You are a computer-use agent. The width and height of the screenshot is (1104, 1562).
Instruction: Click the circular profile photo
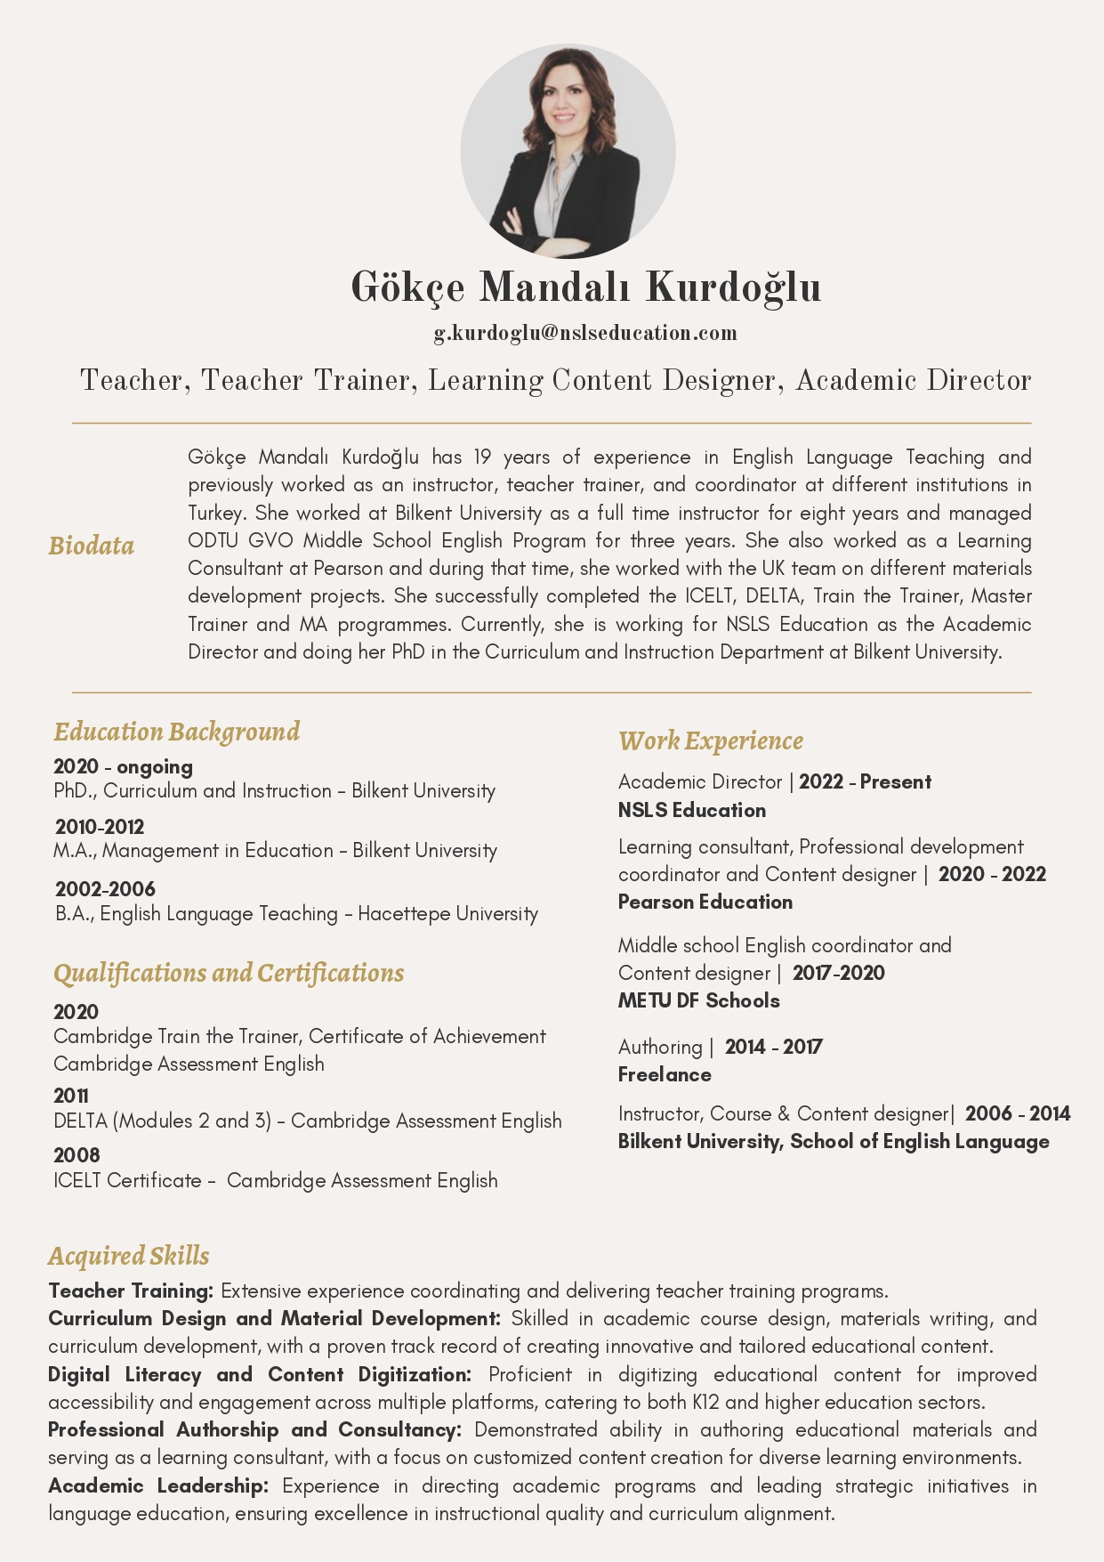(x=568, y=151)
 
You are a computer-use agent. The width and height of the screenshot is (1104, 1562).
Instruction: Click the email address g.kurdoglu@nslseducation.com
(x=585, y=333)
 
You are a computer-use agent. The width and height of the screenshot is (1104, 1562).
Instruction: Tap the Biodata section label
(x=92, y=546)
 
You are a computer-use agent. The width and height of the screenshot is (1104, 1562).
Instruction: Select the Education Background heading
(x=177, y=732)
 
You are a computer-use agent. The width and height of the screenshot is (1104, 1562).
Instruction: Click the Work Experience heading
(x=711, y=741)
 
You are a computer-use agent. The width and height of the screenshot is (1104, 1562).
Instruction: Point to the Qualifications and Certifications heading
(x=229, y=973)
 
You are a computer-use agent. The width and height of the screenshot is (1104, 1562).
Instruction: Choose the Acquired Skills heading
(x=129, y=1256)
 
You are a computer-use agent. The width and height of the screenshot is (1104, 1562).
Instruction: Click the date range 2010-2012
(x=100, y=827)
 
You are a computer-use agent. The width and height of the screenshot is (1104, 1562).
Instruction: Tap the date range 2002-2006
(x=105, y=888)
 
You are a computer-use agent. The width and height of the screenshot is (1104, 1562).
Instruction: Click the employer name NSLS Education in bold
(x=692, y=810)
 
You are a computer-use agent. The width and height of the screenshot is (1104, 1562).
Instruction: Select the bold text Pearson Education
(x=705, y=902)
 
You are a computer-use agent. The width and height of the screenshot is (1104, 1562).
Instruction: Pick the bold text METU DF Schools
(x=699, y=1000)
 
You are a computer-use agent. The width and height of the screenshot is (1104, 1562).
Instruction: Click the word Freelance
(x=665, y=1074)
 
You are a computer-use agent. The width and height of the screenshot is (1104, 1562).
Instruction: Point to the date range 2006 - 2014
(x=1018, y=1113)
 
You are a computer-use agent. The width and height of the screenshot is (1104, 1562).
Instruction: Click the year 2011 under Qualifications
(x=71, y=1096)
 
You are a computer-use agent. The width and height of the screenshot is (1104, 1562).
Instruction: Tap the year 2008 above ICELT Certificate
(x=77, y=1155)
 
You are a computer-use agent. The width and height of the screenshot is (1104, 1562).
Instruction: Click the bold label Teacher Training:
(x=131, y=1291)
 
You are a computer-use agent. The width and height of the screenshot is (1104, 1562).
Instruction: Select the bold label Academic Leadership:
(x=158, y=1485)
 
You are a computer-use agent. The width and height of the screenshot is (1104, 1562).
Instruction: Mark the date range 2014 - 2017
(x=773, y=1047)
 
